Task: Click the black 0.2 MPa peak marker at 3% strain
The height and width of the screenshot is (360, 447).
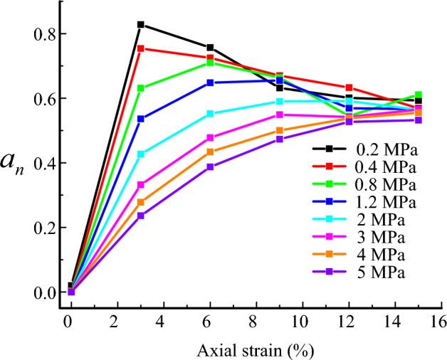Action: click(x=141, y=25)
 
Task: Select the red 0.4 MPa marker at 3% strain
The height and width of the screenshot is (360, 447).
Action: click(x=141, y=48)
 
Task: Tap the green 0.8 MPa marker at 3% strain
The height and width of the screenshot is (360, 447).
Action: click(x=141, y=88)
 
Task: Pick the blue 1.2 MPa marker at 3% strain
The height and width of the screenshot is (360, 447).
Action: click(x=141, y=119)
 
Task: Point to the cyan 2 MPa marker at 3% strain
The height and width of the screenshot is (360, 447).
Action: click(x=141, y=154)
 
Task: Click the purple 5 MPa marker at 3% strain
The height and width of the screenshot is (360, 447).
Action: click(x=141, y=215)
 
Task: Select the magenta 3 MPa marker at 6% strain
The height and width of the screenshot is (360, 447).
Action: click(x=210, y=137)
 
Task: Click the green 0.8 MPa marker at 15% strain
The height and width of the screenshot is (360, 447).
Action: click(x=419, y=95)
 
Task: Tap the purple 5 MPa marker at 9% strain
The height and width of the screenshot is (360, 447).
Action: click(x=280, y=139)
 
